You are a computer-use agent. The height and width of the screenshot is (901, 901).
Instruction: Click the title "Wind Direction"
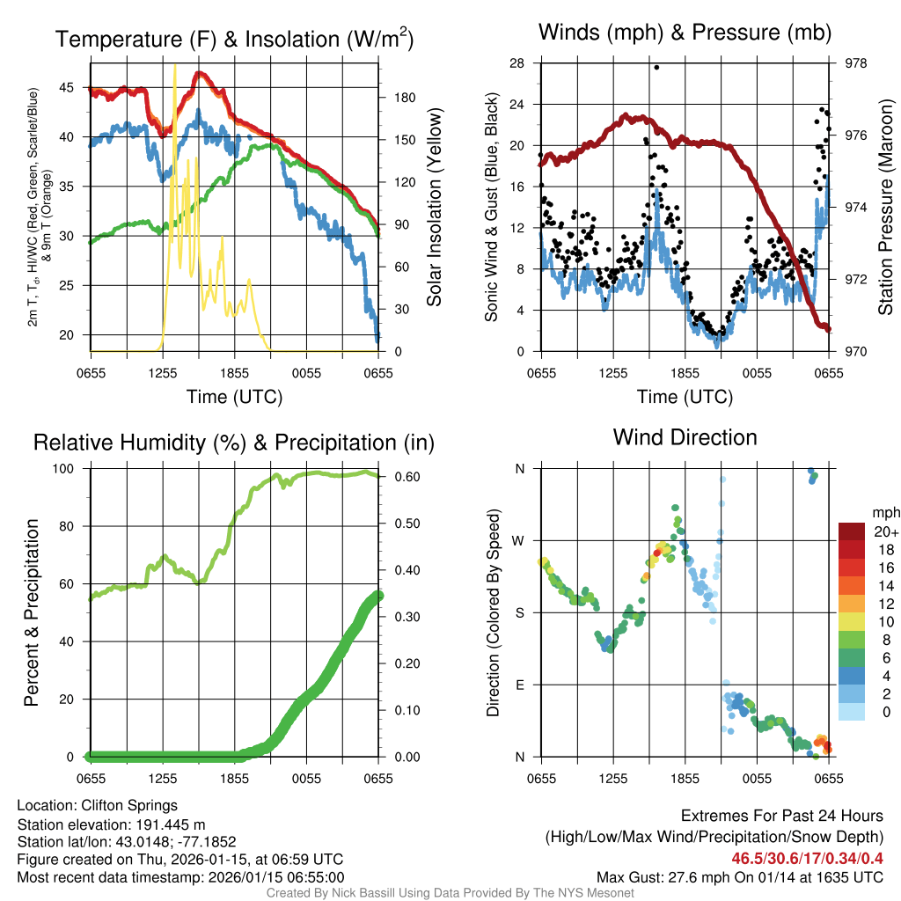click(x=685, y=437)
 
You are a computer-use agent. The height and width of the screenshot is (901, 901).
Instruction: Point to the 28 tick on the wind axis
click(x=517, y=63)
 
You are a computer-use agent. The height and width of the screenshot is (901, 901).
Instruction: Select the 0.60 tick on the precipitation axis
click(x=399, y=477)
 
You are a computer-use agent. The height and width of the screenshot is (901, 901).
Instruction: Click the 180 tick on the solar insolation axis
click(x=395, y=98)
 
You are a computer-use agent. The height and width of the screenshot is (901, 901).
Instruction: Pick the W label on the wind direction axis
click(x=519, y=540)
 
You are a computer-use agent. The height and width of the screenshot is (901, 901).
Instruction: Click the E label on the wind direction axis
click(x=519, y=685)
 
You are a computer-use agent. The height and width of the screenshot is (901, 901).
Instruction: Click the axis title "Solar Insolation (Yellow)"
click(x=433, y=208)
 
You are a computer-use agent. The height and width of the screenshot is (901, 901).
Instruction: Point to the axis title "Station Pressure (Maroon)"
click(x=886, y=208)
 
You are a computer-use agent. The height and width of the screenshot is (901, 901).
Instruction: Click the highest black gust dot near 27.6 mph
click(x=656, y=67)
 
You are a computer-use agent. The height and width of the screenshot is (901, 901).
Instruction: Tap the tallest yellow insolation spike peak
click(x=175, y=65)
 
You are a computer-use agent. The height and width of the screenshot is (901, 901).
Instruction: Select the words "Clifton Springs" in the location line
click(x=129, y=805)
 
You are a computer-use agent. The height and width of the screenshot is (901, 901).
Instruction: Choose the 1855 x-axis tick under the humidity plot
click(x=235, y=778)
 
